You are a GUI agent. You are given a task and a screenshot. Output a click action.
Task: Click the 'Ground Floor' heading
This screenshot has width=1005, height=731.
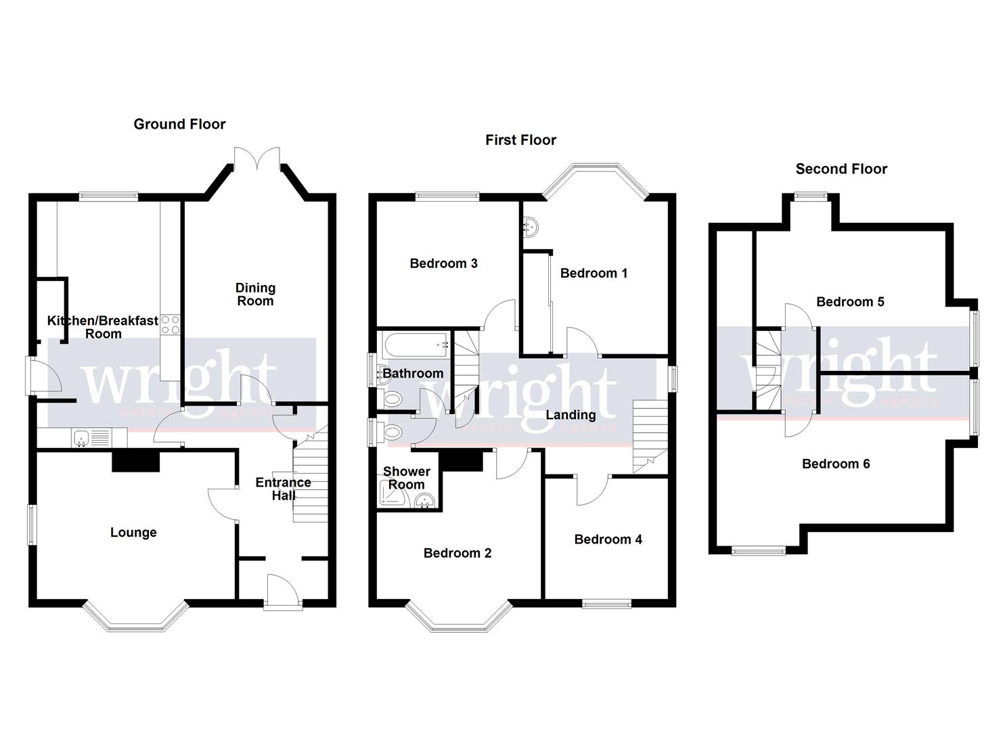pyautogui.click(x=179, y=124)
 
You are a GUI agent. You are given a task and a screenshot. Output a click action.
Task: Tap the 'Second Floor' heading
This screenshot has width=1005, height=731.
pyautogui.click(x=841, y=169)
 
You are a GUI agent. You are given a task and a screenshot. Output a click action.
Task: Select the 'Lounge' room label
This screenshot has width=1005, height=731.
pyautogui.click(x=133, y=533)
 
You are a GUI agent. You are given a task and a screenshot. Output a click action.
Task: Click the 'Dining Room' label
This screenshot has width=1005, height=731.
pyautogui.click(x=255, y=294)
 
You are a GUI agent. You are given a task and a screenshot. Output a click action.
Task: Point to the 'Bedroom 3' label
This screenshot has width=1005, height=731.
pyautogui.click(x=443, y=263)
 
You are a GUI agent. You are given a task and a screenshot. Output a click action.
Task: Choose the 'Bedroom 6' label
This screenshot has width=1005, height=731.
pyautogui.click(x=836, y=464)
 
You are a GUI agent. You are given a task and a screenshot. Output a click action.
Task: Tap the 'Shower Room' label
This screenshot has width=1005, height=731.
pyautogui.click(x=406, y=478)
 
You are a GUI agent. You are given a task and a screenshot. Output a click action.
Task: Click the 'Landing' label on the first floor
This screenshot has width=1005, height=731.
pyautogui.click(x=571, y=415)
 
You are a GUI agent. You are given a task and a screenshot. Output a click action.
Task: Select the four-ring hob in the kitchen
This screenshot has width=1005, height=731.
pyautogui.click(x=170, y=325)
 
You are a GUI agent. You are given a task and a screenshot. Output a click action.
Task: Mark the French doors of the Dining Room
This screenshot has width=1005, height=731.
pyautogui.click(x=256, y=156)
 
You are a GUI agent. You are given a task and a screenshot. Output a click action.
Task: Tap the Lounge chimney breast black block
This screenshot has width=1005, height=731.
pyautogui.click(x=135, y=462)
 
